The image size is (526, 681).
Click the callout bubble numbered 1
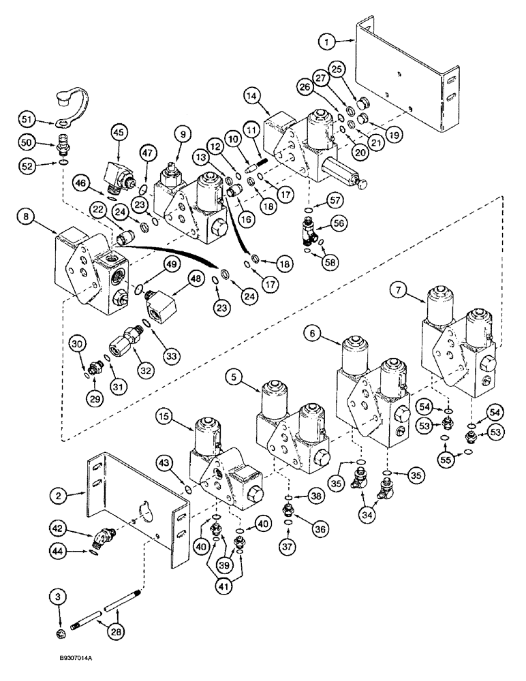(328, 42)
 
